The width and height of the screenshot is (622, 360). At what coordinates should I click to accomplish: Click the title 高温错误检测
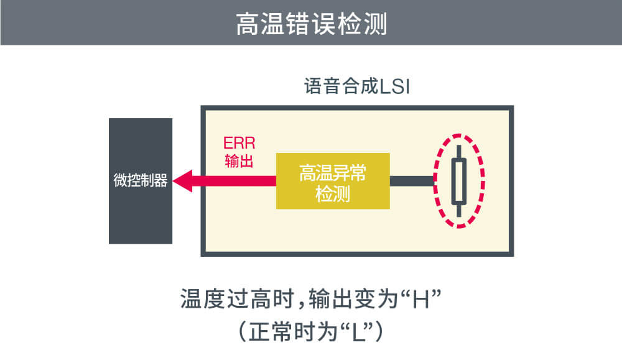[311, 24]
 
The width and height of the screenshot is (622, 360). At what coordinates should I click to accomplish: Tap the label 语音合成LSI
[357, 86]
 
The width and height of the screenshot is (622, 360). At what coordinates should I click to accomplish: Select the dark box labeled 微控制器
[140, 181]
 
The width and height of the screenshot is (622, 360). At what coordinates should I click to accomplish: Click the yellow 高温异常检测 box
[333, 181]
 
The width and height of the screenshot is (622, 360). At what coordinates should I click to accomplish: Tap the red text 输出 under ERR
[239, 162]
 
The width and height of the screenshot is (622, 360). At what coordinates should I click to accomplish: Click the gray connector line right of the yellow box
[412, 181]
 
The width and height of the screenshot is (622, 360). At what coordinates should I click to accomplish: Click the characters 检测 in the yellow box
[333, 194]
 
